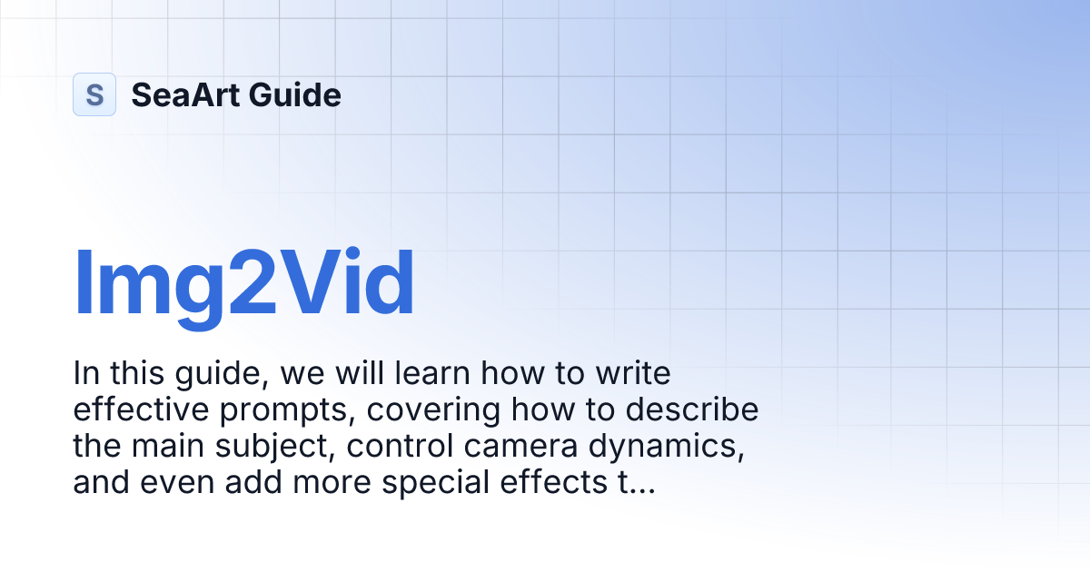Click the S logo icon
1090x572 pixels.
[x=94, y=94]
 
